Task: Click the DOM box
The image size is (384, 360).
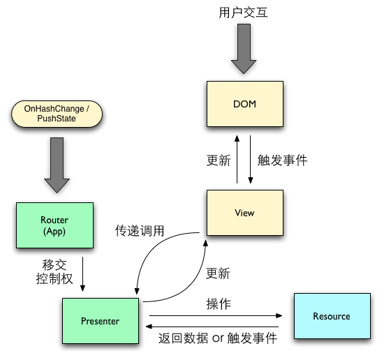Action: [244, 105]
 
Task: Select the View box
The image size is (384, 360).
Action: [244, 212]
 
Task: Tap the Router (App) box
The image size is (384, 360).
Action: [54, 225]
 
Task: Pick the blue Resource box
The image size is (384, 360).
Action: [331, 316]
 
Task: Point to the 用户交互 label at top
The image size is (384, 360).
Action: [244, 13]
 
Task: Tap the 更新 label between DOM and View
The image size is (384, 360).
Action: [218, 160]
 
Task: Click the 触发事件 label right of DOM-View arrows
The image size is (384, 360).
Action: [283, 160]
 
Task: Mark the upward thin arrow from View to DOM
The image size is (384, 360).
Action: [237, 160]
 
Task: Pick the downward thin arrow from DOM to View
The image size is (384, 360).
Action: [251, 160]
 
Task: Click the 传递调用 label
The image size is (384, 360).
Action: [140, 231]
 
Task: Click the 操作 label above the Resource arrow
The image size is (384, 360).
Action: [219, 305]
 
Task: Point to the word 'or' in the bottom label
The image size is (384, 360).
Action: [219, 338]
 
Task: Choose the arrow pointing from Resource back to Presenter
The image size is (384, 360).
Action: [213, 325]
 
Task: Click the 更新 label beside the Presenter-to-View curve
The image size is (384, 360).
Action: [218, 273]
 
